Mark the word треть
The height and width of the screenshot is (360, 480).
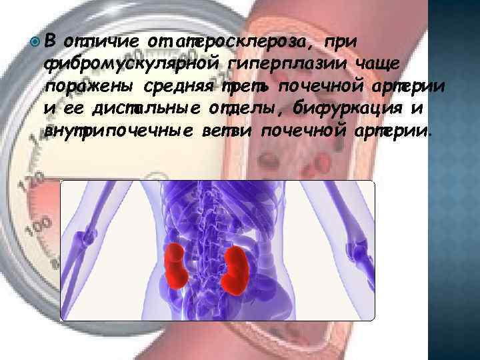(x=247, y=87)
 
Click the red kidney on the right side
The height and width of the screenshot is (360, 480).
(x=237, y=270)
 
